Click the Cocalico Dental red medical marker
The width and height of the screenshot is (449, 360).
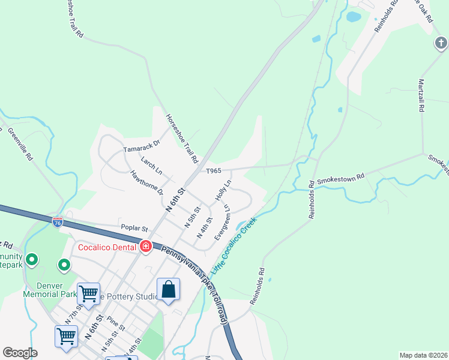pyautogui.click(x=145, y=246)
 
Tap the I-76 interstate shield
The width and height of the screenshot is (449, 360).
pyautogui.click(x=58, y=221)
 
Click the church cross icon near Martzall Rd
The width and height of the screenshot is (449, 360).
pyautogui.click(x=441, y=43)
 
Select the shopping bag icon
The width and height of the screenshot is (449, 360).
pyautogui.click(x=169, y=290)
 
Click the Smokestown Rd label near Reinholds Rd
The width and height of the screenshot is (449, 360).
pyautogui.click(x=340, y=178)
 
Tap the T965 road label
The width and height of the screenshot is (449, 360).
pyautogui.click(x=214, y=171)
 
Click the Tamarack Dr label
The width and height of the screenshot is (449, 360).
pyautogui.click(x=142, y=146)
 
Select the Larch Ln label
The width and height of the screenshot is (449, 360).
pyautogui.click(x=151, y=166)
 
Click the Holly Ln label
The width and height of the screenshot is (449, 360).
pyautogui.click(x=222, y=190)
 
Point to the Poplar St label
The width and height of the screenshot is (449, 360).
pyautogui.click(x=134, y=229)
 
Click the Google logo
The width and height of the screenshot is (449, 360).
pyautogui.click(x=20, y=353)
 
